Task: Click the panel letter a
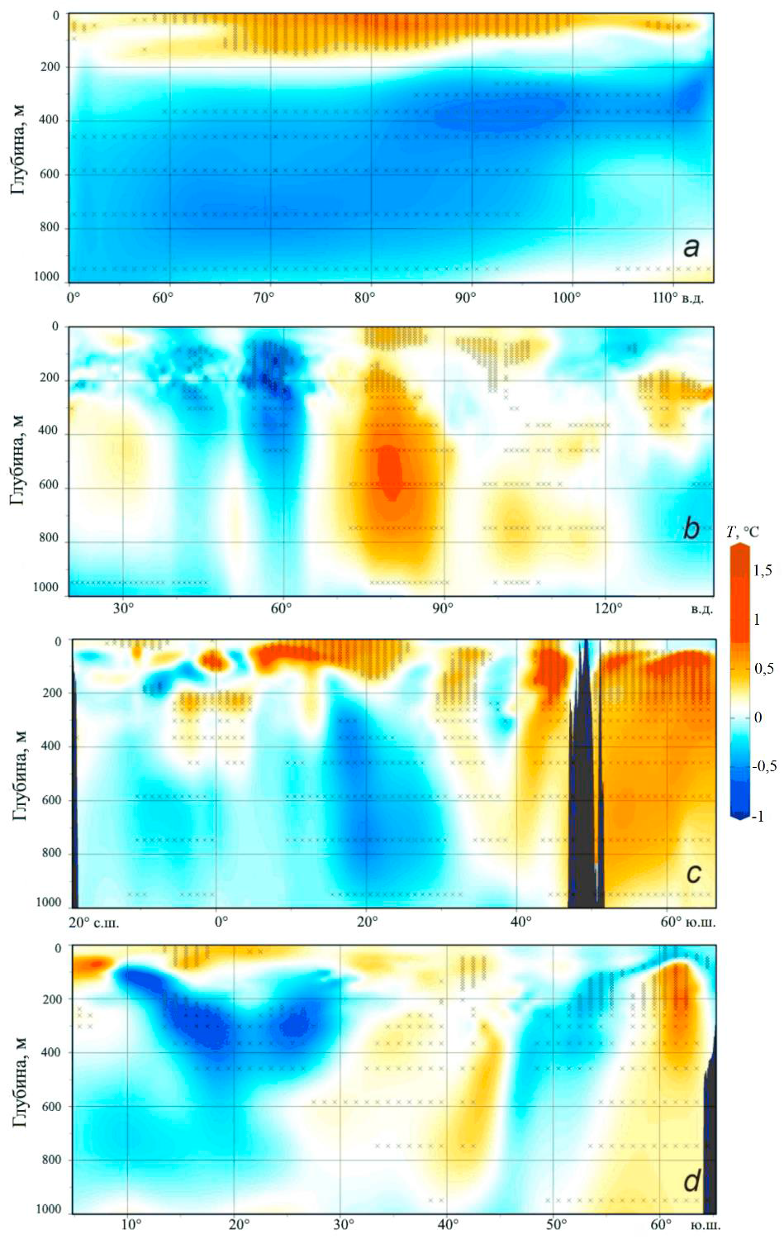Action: click(691, 246)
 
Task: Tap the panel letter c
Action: click(693, 873)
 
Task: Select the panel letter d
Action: click(691, 1181)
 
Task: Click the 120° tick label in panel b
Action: click(607, 608)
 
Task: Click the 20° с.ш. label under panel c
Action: click(93, 921)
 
